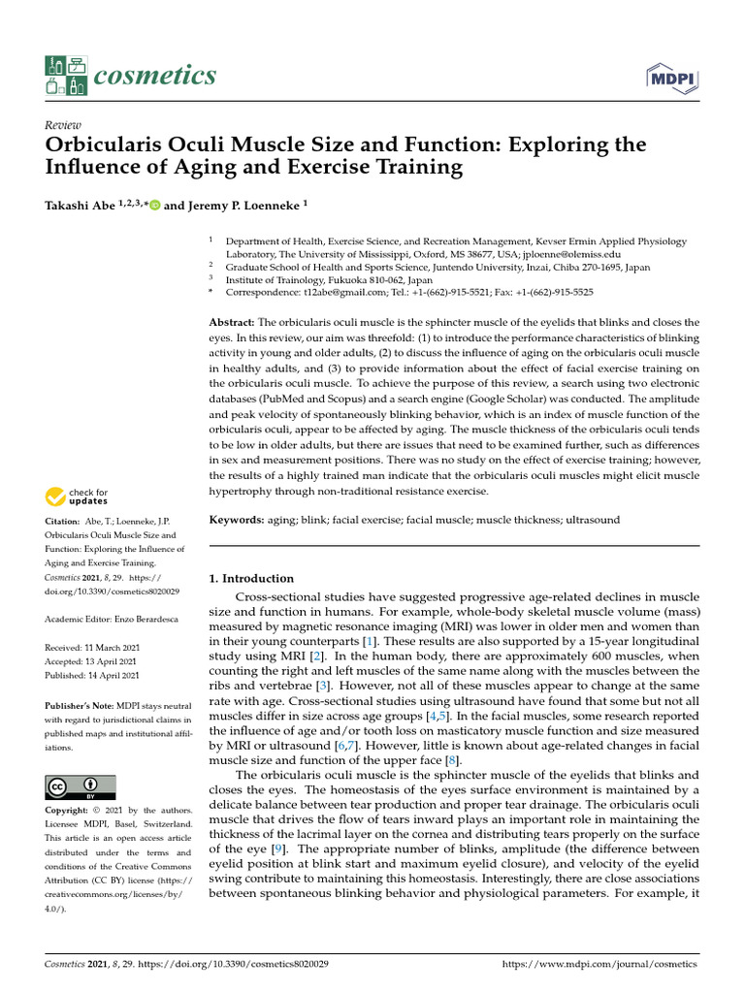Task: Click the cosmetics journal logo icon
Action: click(x=65, y=76)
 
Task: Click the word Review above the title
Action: click(x=63, y=125)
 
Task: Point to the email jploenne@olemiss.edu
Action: click(x=573, y=254)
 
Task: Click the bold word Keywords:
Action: click(x=237, y=521)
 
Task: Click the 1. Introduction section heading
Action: click(x=251, y=579)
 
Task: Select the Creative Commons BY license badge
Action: click(x=81, y=786)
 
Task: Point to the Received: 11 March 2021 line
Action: click(x=91, y=647)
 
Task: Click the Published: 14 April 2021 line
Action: click(x=92, y=675)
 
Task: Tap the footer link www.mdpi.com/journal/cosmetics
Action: click(x=599, y=965)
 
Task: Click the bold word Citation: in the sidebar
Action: click(x=63, y=522)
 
